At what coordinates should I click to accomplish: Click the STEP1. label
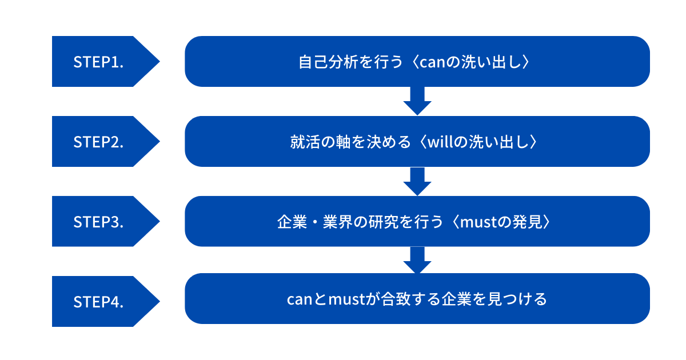[x=98, y=62]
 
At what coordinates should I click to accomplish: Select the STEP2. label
[x=98, y=142]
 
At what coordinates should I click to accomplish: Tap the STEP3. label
[x=98, y=222]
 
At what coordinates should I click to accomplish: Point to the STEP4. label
[x=98, y=302]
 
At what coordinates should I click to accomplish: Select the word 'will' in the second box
[x=440, y=142]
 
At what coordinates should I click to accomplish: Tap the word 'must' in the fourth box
[x=346, y=299]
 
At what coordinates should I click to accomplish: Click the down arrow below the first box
[x=417, y=101]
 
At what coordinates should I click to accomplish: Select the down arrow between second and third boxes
[x=417, y=181]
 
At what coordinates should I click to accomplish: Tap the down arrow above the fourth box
[x=417, y=260]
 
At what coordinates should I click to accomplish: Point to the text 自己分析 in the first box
[x=328, y=62]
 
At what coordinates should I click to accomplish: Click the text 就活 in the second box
[x=305, y=142]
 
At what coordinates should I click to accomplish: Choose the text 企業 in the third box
[x=292, y=222]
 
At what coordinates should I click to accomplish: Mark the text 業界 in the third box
[x=337, y=222]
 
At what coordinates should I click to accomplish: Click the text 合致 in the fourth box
[x=395, y=299]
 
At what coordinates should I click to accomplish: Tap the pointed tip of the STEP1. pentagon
[x=159, y=61]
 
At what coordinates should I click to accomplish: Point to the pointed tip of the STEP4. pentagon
[x=159, y=301]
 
